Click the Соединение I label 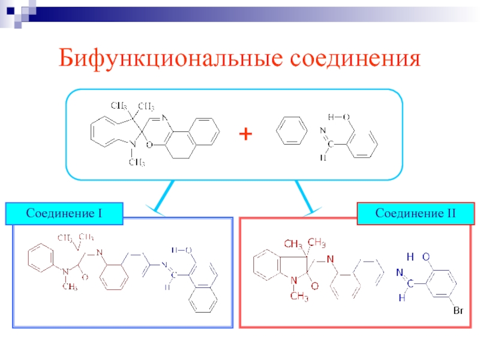click(x=64, y=214)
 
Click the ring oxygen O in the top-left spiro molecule click(x=149, y=145)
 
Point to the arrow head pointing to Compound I click(x=158, y=211)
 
